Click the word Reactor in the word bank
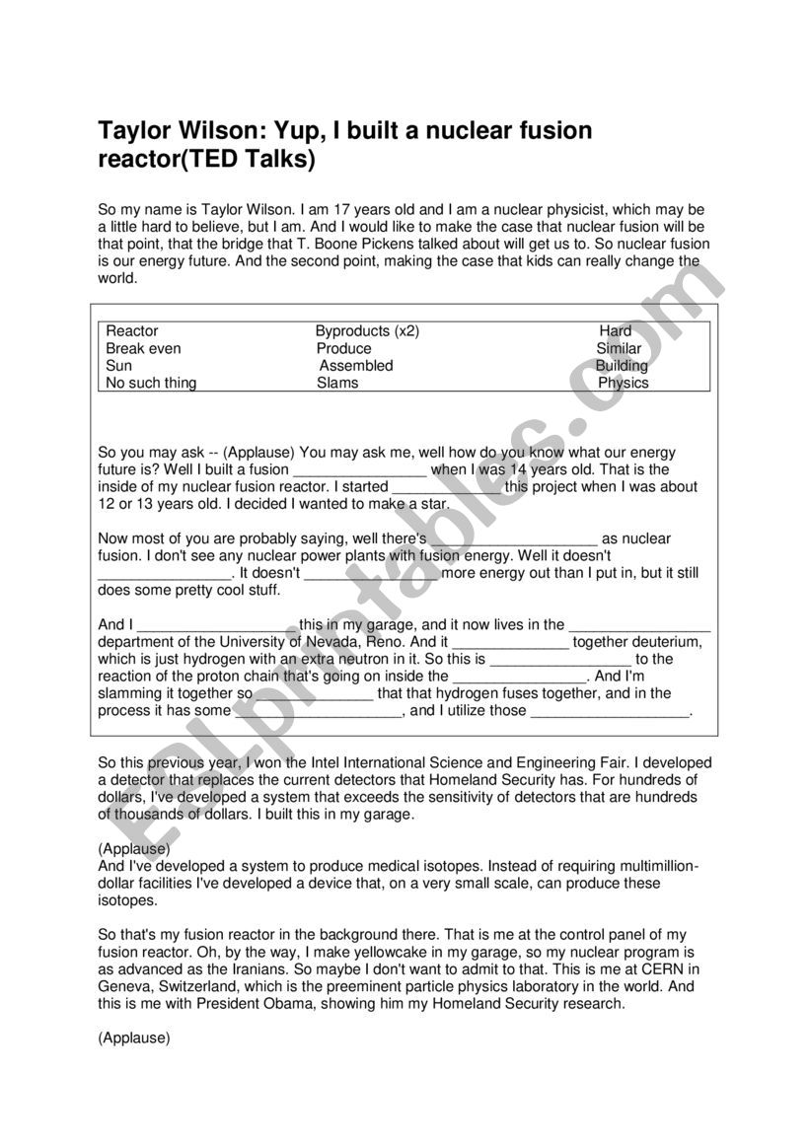point(132,331)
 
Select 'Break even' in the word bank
point(143,349)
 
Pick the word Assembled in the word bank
point(356,366)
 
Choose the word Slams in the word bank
point(337,384)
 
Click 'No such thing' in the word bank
point(151,384)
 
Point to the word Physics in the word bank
point(624,384)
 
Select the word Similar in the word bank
point(619,349)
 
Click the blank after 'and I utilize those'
point(611,711)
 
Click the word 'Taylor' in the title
point(133,131)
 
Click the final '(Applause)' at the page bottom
point(134,1038)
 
